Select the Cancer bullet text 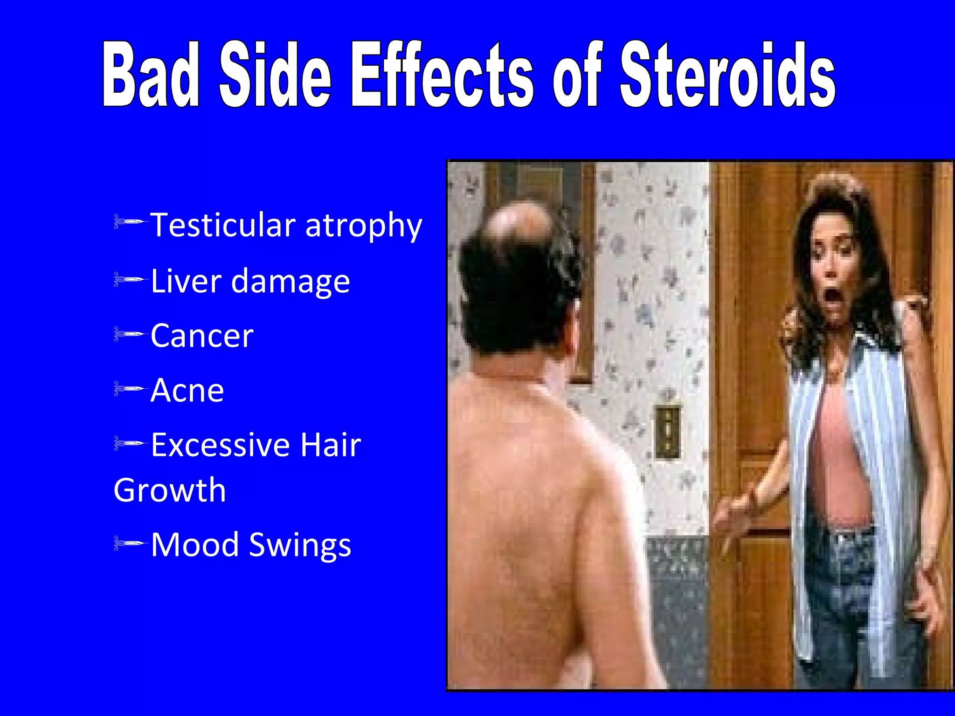point(202,336)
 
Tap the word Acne point(187,390)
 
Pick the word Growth point(170,490)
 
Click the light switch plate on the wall point(668,431)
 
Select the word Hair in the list point(331,445)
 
